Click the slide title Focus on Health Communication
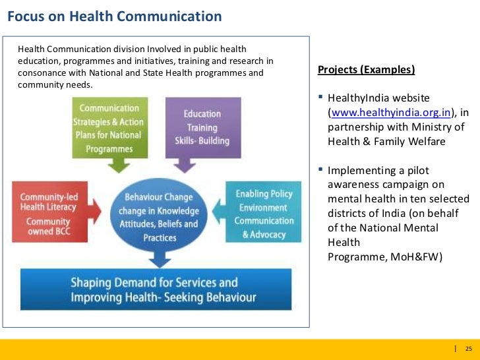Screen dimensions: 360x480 click(114, 16)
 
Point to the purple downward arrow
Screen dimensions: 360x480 click(189, 165)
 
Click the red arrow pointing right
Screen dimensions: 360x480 click(94, 212)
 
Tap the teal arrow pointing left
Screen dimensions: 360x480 click(219, 212)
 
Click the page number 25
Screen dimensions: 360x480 click(469, 348)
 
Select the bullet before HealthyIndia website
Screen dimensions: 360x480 click(320, 98)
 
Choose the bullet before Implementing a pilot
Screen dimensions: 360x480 click(320, 169)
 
